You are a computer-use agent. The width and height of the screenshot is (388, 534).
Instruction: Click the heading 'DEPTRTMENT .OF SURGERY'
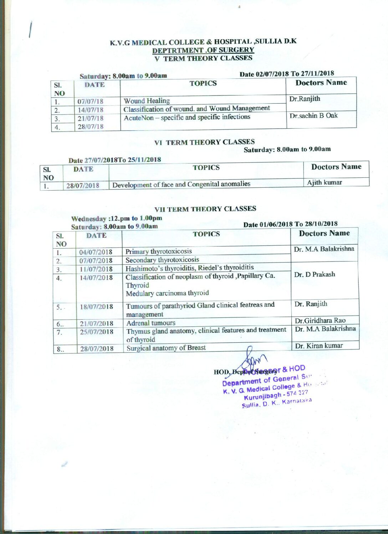[x=203, y=50]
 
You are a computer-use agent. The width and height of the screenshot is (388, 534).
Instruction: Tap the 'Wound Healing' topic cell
[x=147, y=101]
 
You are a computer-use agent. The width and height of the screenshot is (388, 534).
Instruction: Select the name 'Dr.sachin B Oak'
[x=313, y=115]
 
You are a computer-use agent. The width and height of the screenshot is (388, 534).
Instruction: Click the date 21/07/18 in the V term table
[x=91, y=118]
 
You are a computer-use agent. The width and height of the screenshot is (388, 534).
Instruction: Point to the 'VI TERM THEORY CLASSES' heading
[x=204, y=142]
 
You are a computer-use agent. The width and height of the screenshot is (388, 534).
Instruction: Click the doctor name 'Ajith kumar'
[x=325, y=183]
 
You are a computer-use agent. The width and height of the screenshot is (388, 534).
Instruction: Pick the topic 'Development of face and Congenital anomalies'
[x=181, y=184]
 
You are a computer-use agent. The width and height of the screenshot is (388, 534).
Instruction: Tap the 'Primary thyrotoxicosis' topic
[x=158, y=251]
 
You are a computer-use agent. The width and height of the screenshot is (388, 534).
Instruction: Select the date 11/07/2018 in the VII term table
[x=96, y=269]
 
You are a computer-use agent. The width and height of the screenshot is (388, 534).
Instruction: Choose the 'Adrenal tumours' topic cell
[x=151, y=323]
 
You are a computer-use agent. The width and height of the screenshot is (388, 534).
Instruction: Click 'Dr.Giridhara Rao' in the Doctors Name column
[x=320, y=320]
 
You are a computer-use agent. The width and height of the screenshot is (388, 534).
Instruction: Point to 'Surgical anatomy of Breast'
[x=166, y=348]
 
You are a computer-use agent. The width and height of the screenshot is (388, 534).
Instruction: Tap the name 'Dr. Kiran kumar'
[x=319, y=346]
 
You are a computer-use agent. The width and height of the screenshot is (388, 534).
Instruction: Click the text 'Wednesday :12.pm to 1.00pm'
[x=117, y=218]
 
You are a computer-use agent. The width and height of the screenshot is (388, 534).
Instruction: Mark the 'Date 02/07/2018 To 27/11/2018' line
[x=287, y=74]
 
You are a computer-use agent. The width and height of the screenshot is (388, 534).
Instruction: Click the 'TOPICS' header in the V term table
[x=203, y=83]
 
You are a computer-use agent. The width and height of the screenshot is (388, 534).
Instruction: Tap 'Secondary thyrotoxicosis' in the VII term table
[x=162, y=260]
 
